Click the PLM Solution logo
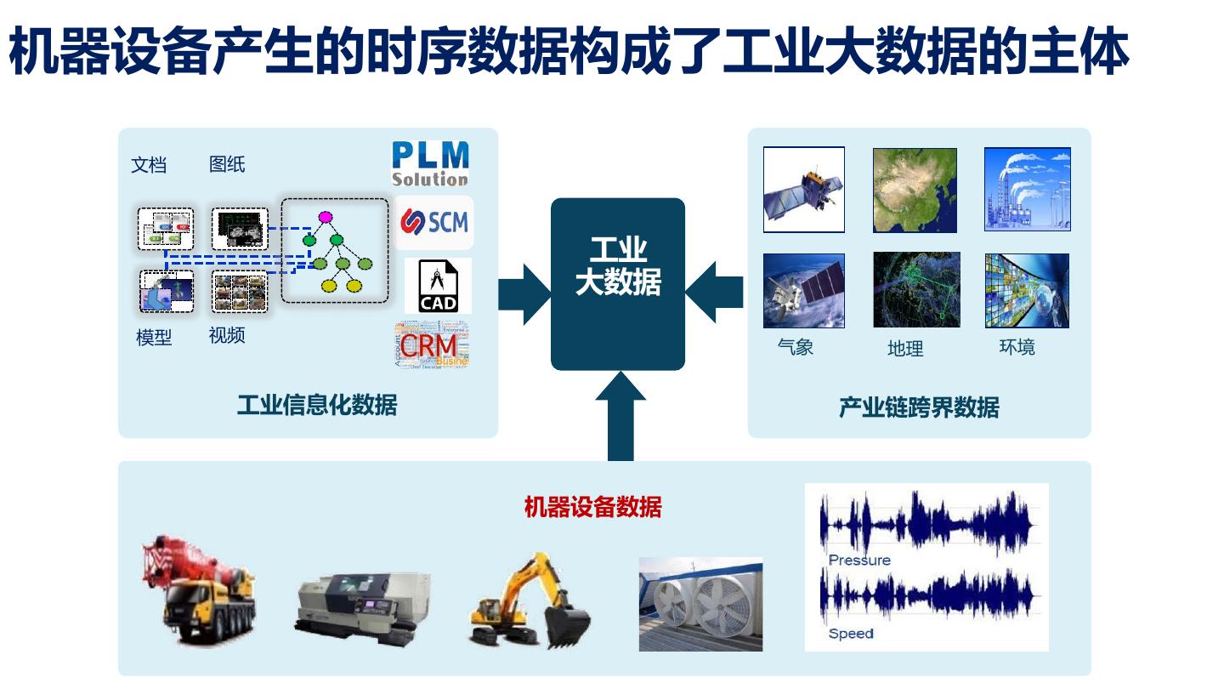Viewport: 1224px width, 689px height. point(430,164)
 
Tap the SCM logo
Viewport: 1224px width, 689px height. point(434,222)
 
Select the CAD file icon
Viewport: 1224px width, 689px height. point(439,286)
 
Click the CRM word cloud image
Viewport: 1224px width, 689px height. point(432,344)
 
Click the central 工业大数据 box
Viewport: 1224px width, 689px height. point(618,284)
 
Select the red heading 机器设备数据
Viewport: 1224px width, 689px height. point(592,508)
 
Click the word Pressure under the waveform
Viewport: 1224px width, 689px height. point(859,561)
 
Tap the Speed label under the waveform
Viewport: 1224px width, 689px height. point(851,634)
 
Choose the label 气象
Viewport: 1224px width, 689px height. point(796,347)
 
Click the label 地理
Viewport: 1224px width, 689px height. point(905,349)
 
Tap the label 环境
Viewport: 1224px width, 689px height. point(1017,347)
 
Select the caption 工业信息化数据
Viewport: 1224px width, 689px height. point(316,405)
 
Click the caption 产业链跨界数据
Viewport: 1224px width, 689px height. point(919,407)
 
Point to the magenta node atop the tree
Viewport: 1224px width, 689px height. point(326,218)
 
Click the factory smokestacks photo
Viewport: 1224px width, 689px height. point(1027,190)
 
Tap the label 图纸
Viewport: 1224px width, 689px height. point(227,165)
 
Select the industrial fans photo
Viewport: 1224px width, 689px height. point(700,604)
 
